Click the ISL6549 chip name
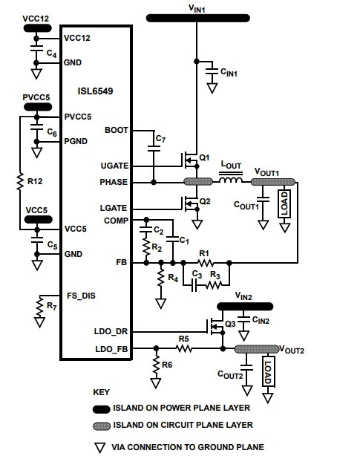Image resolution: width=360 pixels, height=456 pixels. [x=95, y=91]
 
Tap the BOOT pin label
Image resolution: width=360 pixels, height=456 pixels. [x=117, y=130]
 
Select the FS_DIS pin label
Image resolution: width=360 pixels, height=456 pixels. [x=81, y=296]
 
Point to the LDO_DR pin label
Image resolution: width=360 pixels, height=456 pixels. [x=111, y=331]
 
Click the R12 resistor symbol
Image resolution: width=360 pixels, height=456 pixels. [x=20, y=181]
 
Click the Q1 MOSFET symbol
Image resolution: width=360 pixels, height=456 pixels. [x=191, y=160]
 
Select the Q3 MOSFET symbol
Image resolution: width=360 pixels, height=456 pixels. [x=215, y=327]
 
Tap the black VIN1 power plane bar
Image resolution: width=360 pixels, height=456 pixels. [x=198, y=18]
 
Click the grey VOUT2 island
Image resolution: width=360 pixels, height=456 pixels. [x=257, y=349]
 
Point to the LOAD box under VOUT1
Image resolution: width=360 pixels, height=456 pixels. [x=284, y=203]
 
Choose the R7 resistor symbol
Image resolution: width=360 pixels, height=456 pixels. [x=39, y=307]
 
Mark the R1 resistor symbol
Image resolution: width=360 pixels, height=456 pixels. [x=206, y=263]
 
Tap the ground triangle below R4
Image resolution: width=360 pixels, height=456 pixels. [x=160, y=303]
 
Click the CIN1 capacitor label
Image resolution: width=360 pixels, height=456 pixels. [x=229, y=72]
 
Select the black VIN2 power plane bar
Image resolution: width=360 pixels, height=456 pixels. [x=245, y=306]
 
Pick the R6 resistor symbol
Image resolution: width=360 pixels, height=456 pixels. [x=156, y=365]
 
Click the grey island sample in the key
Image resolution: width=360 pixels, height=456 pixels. [x=102, y=426]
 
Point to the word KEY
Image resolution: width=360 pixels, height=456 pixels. [x=101, y=392]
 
